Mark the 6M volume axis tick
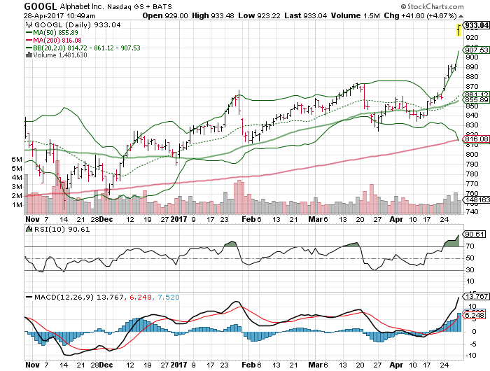click(17, 160)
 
